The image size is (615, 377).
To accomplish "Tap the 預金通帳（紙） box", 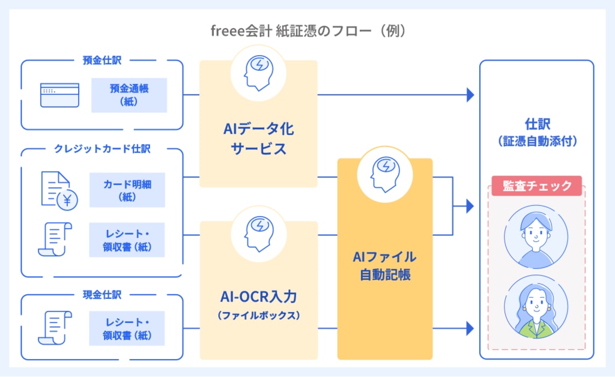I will pyautogui.click(x=129, y=95).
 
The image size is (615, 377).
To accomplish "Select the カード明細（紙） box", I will pyautogui.click(x=127, y=190).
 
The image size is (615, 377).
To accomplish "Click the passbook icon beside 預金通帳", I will pyautogui.click(x=59, y=95).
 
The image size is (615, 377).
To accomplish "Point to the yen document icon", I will pyautogui.click(x=59, y=191).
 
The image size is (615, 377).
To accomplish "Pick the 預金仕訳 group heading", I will pyautogui.click(x=102, y=60).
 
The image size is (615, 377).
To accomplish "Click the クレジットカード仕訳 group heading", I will pyautogui.click(x=101, y=149).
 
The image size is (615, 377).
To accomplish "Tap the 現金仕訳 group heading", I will pyautogui.click(x=102, y=295).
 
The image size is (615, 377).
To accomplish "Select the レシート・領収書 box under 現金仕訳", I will pyautogui.click(x=127, y=328).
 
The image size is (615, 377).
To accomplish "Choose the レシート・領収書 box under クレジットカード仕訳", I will pyautogui.click(x=127, y=240).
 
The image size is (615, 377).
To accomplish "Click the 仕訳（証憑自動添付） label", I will pyautogui.click(x=536, y=133).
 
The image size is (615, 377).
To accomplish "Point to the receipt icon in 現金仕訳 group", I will pyautogui.click(x=55, y=328).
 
